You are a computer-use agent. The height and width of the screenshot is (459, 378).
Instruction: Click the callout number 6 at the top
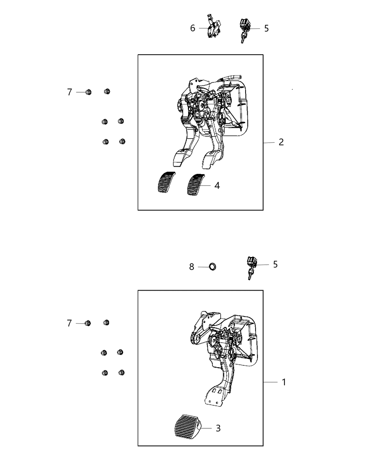193,28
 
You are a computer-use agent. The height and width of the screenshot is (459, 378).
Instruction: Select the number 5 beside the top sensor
266,28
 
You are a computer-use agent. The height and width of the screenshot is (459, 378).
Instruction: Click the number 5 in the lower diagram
275,265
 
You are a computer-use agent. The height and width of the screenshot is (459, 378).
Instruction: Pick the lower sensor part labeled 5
251,266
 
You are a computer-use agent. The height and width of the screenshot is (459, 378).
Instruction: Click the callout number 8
192,267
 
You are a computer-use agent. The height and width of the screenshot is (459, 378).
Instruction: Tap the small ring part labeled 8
212,267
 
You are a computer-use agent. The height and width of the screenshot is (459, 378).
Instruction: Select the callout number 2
281,142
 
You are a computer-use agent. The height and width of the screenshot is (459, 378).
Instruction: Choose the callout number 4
217,186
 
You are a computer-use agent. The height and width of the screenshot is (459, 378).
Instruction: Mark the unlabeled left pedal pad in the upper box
165,183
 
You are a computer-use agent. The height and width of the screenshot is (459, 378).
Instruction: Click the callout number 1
284,382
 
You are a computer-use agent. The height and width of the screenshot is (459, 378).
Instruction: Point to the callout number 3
218,428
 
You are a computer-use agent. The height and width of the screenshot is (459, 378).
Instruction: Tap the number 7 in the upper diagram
69,93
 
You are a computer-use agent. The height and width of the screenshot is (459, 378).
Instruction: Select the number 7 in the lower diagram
69,324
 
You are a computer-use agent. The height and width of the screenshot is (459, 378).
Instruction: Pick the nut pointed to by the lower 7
87,323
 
